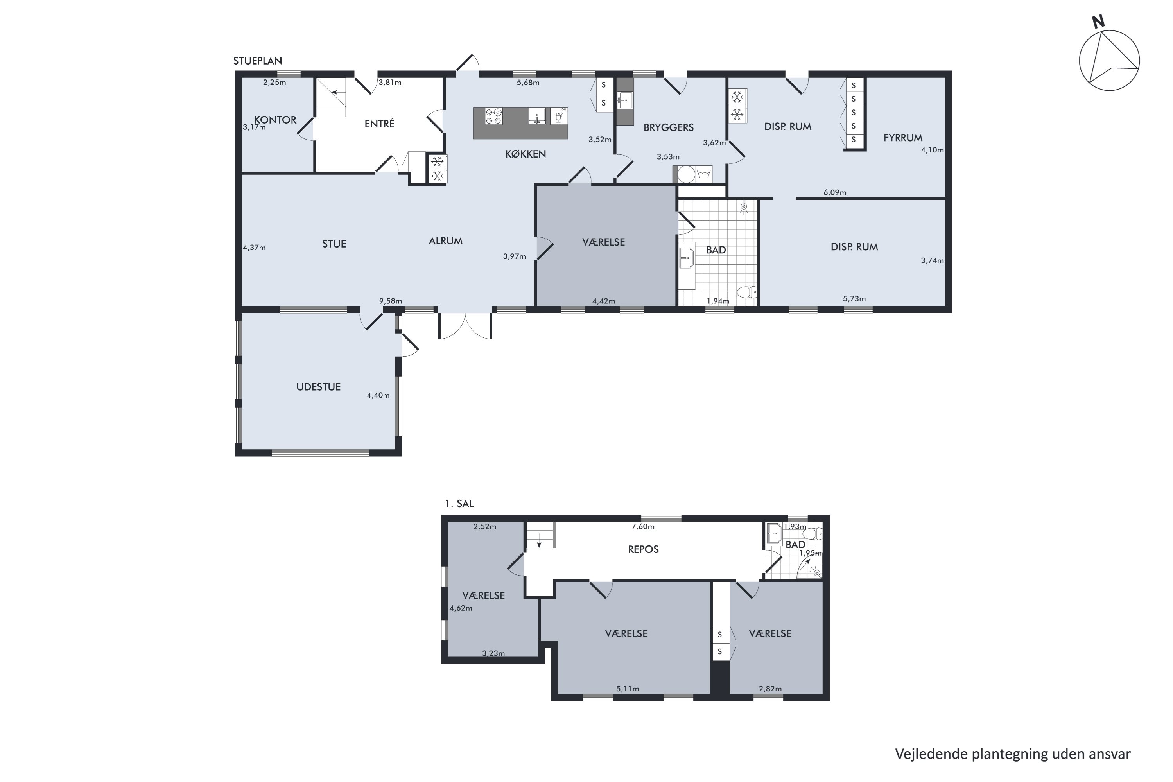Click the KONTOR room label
[275, 120]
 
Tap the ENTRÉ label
[380, 124]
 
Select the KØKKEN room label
[526, 154]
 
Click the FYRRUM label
[903, 138]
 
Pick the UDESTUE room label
[319, 387]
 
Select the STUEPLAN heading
[258, 61]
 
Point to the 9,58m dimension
[391, 301]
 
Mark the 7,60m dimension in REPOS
[643, 526]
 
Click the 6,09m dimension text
[835, 192]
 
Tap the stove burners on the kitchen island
[494, 116]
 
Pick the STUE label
[334, 244]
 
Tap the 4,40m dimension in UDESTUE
[378, 395]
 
